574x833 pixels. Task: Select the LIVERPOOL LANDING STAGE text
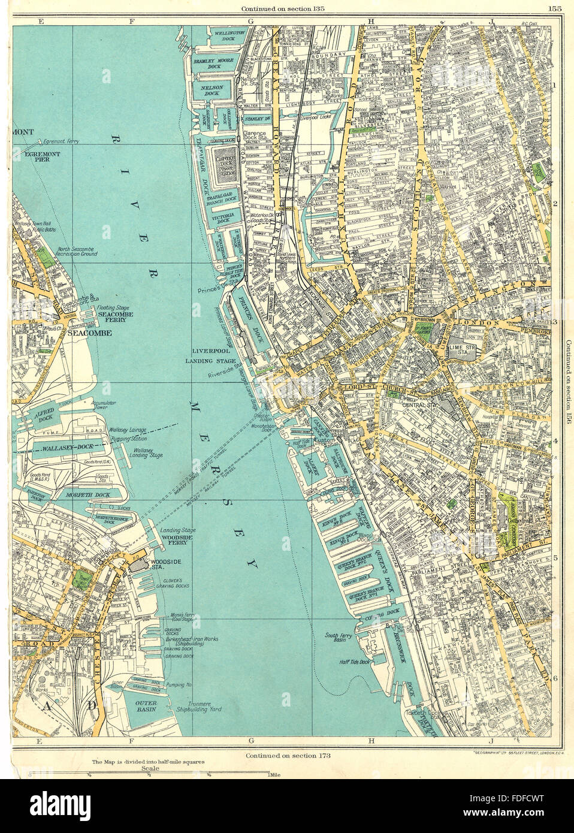click(x=207, y=357)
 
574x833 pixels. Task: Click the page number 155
click(x=554, y=8)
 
